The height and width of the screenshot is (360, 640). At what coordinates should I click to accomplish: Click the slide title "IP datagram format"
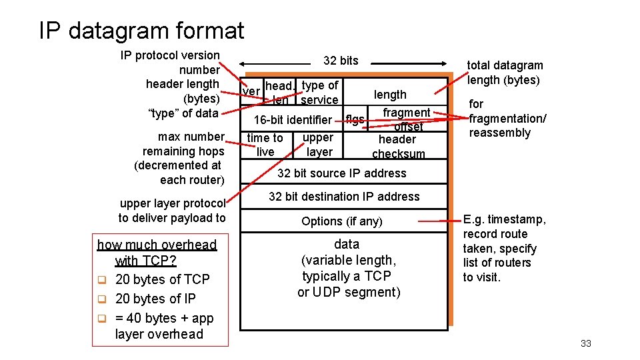141,31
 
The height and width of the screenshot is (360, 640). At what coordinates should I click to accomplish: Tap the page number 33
586,343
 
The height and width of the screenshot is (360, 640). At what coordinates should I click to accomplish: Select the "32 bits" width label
341,61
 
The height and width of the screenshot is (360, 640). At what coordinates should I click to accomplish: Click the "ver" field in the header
251,91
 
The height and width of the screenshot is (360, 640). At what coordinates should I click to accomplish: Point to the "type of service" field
320,93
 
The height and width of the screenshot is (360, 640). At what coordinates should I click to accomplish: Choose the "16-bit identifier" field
293,120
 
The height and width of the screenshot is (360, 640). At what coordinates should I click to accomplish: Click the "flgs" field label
355,120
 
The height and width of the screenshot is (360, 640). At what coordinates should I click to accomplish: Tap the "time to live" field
265,145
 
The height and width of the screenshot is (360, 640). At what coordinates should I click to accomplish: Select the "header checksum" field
397,147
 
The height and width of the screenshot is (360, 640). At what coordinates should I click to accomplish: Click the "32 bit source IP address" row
341,173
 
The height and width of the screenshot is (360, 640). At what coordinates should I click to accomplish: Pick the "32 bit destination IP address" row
344,197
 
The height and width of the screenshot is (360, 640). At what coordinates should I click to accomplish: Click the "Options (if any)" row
341,221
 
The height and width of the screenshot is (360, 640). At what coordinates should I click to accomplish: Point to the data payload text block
347,268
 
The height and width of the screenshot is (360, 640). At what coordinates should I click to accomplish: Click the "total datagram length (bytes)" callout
505,73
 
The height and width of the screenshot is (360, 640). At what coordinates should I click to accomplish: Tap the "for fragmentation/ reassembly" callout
507,118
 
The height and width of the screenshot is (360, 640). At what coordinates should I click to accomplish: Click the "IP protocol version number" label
171,62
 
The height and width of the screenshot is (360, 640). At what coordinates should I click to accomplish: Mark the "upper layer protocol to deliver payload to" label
173,211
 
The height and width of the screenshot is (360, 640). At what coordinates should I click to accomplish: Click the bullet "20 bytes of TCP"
162,279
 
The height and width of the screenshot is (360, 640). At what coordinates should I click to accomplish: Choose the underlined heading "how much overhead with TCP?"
157,253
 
